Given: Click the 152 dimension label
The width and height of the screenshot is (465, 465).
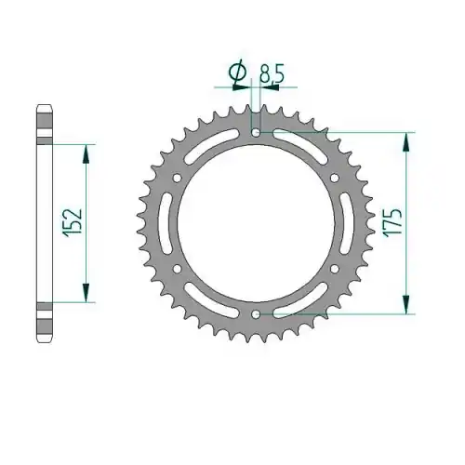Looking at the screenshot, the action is tap(73, 223).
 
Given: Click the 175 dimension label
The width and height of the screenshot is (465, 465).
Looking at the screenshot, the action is tap(392, 223).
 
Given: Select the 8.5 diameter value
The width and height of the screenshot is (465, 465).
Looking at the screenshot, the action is tap(272, 74).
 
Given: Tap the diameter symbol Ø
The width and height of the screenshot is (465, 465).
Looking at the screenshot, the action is tap(237, 73).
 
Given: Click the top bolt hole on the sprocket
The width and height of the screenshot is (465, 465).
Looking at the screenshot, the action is tap(256, 133).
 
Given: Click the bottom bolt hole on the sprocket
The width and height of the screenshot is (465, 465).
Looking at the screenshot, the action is tap(256, 314).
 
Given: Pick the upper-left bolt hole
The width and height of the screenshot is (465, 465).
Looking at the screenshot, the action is tap(178, 179).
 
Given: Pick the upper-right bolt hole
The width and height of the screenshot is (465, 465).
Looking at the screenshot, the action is tap(335, 179).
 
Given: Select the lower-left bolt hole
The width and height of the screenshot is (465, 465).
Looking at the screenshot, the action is tap(178, 269).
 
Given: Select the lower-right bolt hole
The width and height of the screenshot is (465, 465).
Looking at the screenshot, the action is tap(335, 269).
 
